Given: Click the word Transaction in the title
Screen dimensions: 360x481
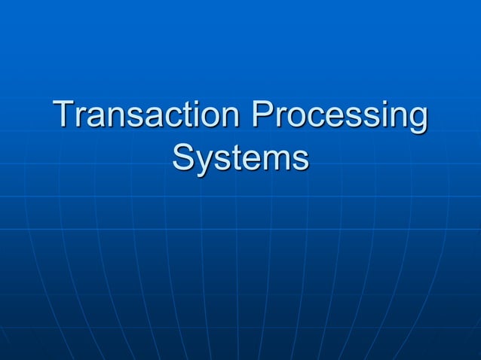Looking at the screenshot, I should point(148,116).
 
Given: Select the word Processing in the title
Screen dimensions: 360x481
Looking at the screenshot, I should point(339,117).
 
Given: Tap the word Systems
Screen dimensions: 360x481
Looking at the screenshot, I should point(240,159).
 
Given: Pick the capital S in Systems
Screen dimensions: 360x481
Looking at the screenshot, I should point(182,158).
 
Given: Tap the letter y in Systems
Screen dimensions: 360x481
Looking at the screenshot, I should point(202,163).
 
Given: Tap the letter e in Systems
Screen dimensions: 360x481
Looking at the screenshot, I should point(248,160).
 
